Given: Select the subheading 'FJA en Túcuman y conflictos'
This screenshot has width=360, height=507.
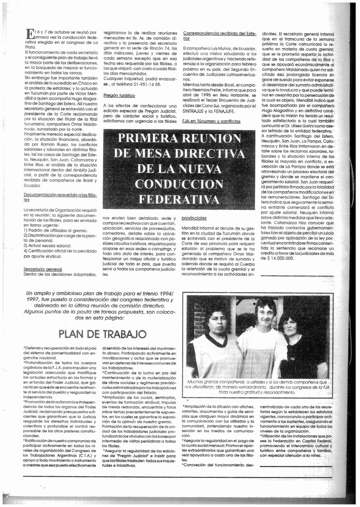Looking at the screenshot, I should point(211,120).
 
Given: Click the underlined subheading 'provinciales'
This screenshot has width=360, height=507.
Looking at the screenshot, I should point(194,218).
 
